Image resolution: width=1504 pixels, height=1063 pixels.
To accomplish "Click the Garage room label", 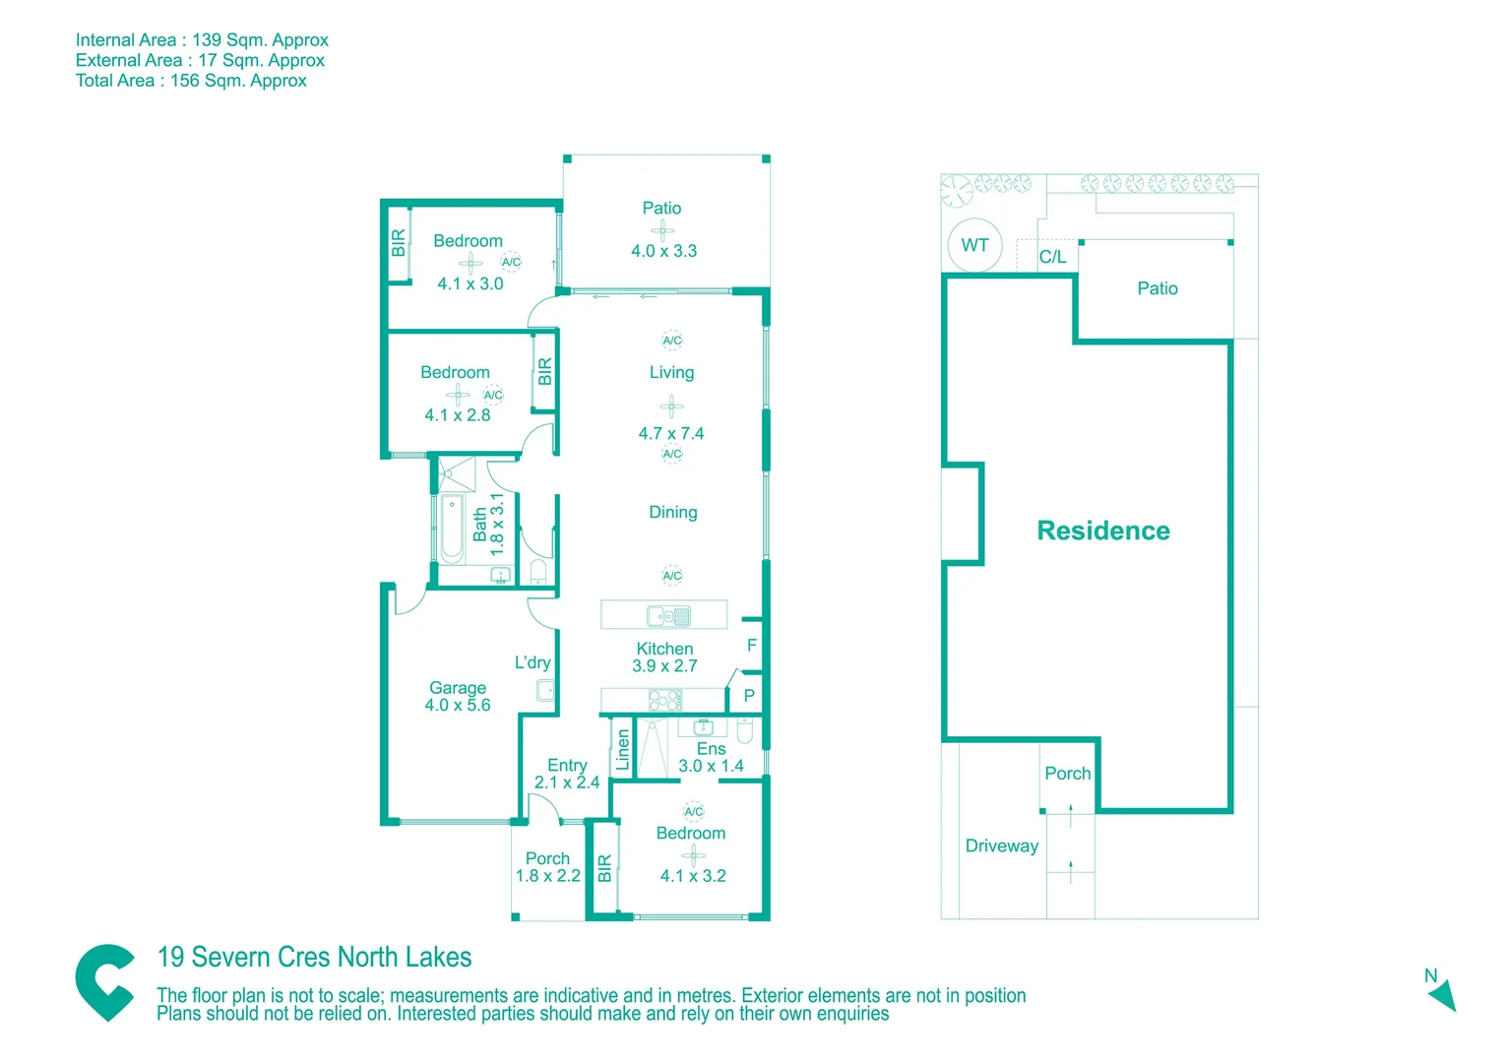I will point(457,688).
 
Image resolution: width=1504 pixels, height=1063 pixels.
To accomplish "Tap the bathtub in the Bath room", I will point(452,531).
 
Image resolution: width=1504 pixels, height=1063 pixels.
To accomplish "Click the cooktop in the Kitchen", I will point(665,701).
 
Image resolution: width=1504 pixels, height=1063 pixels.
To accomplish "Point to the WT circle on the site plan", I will point(974,245).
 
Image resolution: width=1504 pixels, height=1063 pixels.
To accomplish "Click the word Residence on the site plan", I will point(1103,531).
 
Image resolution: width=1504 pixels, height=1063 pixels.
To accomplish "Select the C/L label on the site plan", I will point(1052,257).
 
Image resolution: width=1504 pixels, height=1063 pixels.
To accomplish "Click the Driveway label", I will point(1001,846).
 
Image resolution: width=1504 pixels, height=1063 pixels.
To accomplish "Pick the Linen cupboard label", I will point(622,750).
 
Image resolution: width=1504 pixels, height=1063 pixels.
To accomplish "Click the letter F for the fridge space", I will point(751,646).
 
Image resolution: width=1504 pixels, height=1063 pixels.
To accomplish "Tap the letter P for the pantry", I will point(749,696).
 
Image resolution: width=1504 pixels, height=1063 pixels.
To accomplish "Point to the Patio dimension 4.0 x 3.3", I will point(663,251).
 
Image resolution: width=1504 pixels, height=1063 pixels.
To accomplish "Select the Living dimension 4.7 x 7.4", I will point(670,433).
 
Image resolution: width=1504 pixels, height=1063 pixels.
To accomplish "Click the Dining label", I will point(672,512).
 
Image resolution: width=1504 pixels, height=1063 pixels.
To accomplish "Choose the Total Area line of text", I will point(191,81).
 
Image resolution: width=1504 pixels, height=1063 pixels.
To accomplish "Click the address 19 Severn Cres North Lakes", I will point(314,957).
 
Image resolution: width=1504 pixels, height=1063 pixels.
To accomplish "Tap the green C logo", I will point(105,982).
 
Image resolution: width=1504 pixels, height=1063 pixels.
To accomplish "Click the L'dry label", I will point(533,662).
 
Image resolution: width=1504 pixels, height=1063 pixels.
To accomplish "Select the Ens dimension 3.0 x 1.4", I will point(711,766).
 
